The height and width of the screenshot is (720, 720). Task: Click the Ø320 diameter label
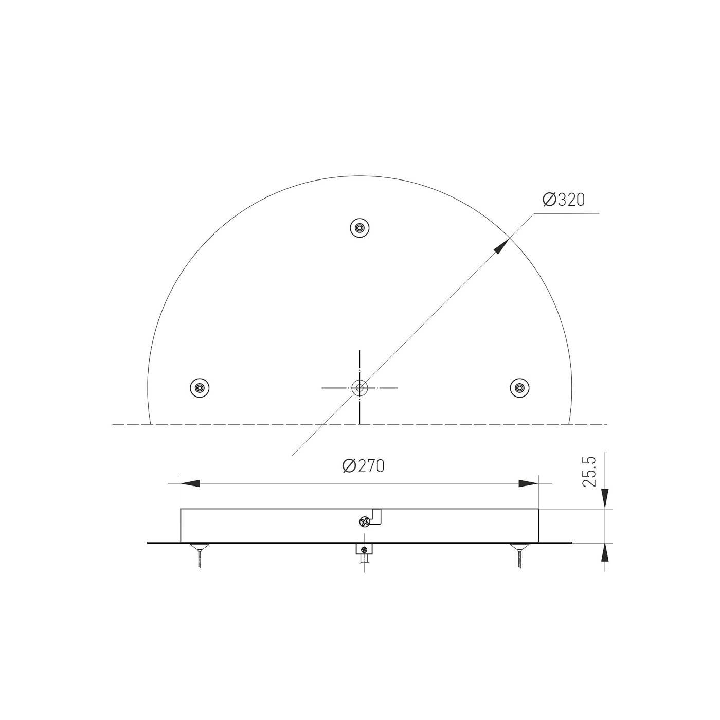564,200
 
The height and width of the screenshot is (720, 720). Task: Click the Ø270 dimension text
364,466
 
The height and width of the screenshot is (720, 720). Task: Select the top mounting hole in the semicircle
360,227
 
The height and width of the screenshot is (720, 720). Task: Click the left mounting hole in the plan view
200,387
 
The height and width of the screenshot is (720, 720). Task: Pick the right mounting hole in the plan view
520,387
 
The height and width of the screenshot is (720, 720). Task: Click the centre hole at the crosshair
359,387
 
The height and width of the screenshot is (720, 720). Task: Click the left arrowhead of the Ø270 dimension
190,483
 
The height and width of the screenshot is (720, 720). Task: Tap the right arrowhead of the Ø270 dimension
529,483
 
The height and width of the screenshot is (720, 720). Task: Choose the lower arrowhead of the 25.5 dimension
605,553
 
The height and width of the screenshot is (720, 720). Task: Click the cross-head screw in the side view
364,523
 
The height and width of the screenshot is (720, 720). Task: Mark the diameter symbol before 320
549,200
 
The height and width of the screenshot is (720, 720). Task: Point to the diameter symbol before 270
349,466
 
